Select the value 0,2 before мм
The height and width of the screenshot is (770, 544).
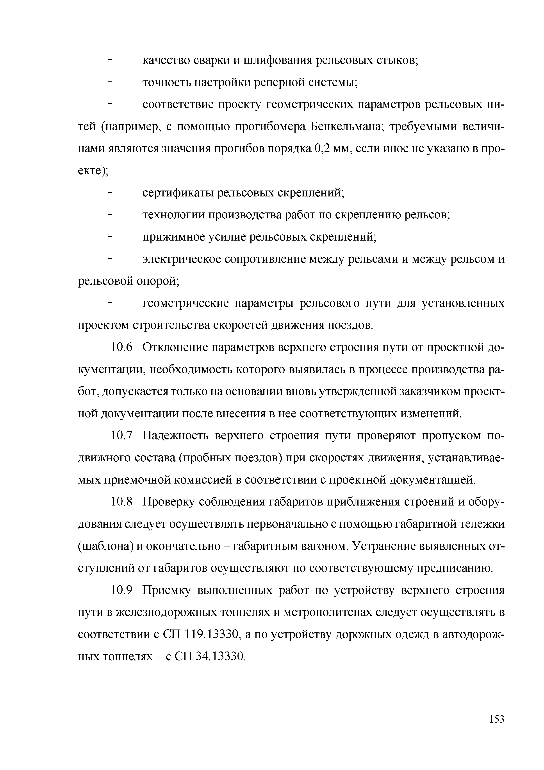(322, 149)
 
